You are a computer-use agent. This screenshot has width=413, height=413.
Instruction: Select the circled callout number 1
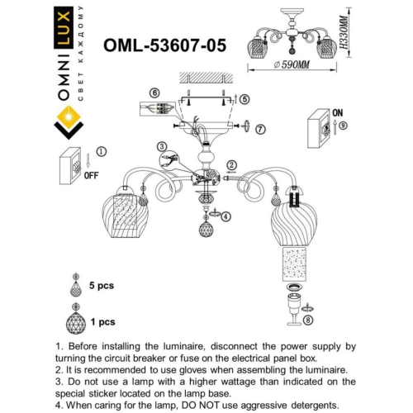point(101,152)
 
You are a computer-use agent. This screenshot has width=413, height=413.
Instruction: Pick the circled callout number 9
point(343,126)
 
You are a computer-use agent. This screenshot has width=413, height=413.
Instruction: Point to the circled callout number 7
point(260,129)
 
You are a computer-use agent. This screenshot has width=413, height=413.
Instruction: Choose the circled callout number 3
point(162,146)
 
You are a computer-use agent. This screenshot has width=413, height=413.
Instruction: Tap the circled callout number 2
point(232,165)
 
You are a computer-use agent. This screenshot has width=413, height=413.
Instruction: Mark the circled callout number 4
point(225,216)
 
